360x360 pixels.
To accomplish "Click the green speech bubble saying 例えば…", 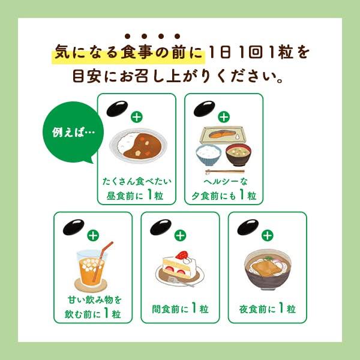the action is tap(73, 132).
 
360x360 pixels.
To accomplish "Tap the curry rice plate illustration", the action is tap(138, 145).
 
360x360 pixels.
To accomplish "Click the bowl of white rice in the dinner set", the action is tap(208, 155).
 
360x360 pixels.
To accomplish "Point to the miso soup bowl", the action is tap(238, 154).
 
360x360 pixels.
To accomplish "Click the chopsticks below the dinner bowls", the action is tap(225, 171).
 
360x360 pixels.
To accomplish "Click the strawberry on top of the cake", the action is tap(182, 254).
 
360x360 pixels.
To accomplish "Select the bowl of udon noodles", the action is tap(267, 269).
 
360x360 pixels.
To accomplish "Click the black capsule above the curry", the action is tap(117, 109).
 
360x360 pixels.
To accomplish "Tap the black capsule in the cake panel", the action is tap(161, 227).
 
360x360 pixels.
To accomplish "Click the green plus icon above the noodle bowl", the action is tap(268, 236).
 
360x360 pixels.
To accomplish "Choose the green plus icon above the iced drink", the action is tap(93, 236).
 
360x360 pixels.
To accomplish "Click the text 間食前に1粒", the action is tap(180, 308).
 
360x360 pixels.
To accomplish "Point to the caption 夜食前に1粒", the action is tap(268, 308).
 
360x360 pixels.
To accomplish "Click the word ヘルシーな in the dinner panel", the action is tap(226, 182).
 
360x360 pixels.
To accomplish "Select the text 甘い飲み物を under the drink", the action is tap(94, 299).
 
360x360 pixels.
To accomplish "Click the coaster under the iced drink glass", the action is tap(91, 285).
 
